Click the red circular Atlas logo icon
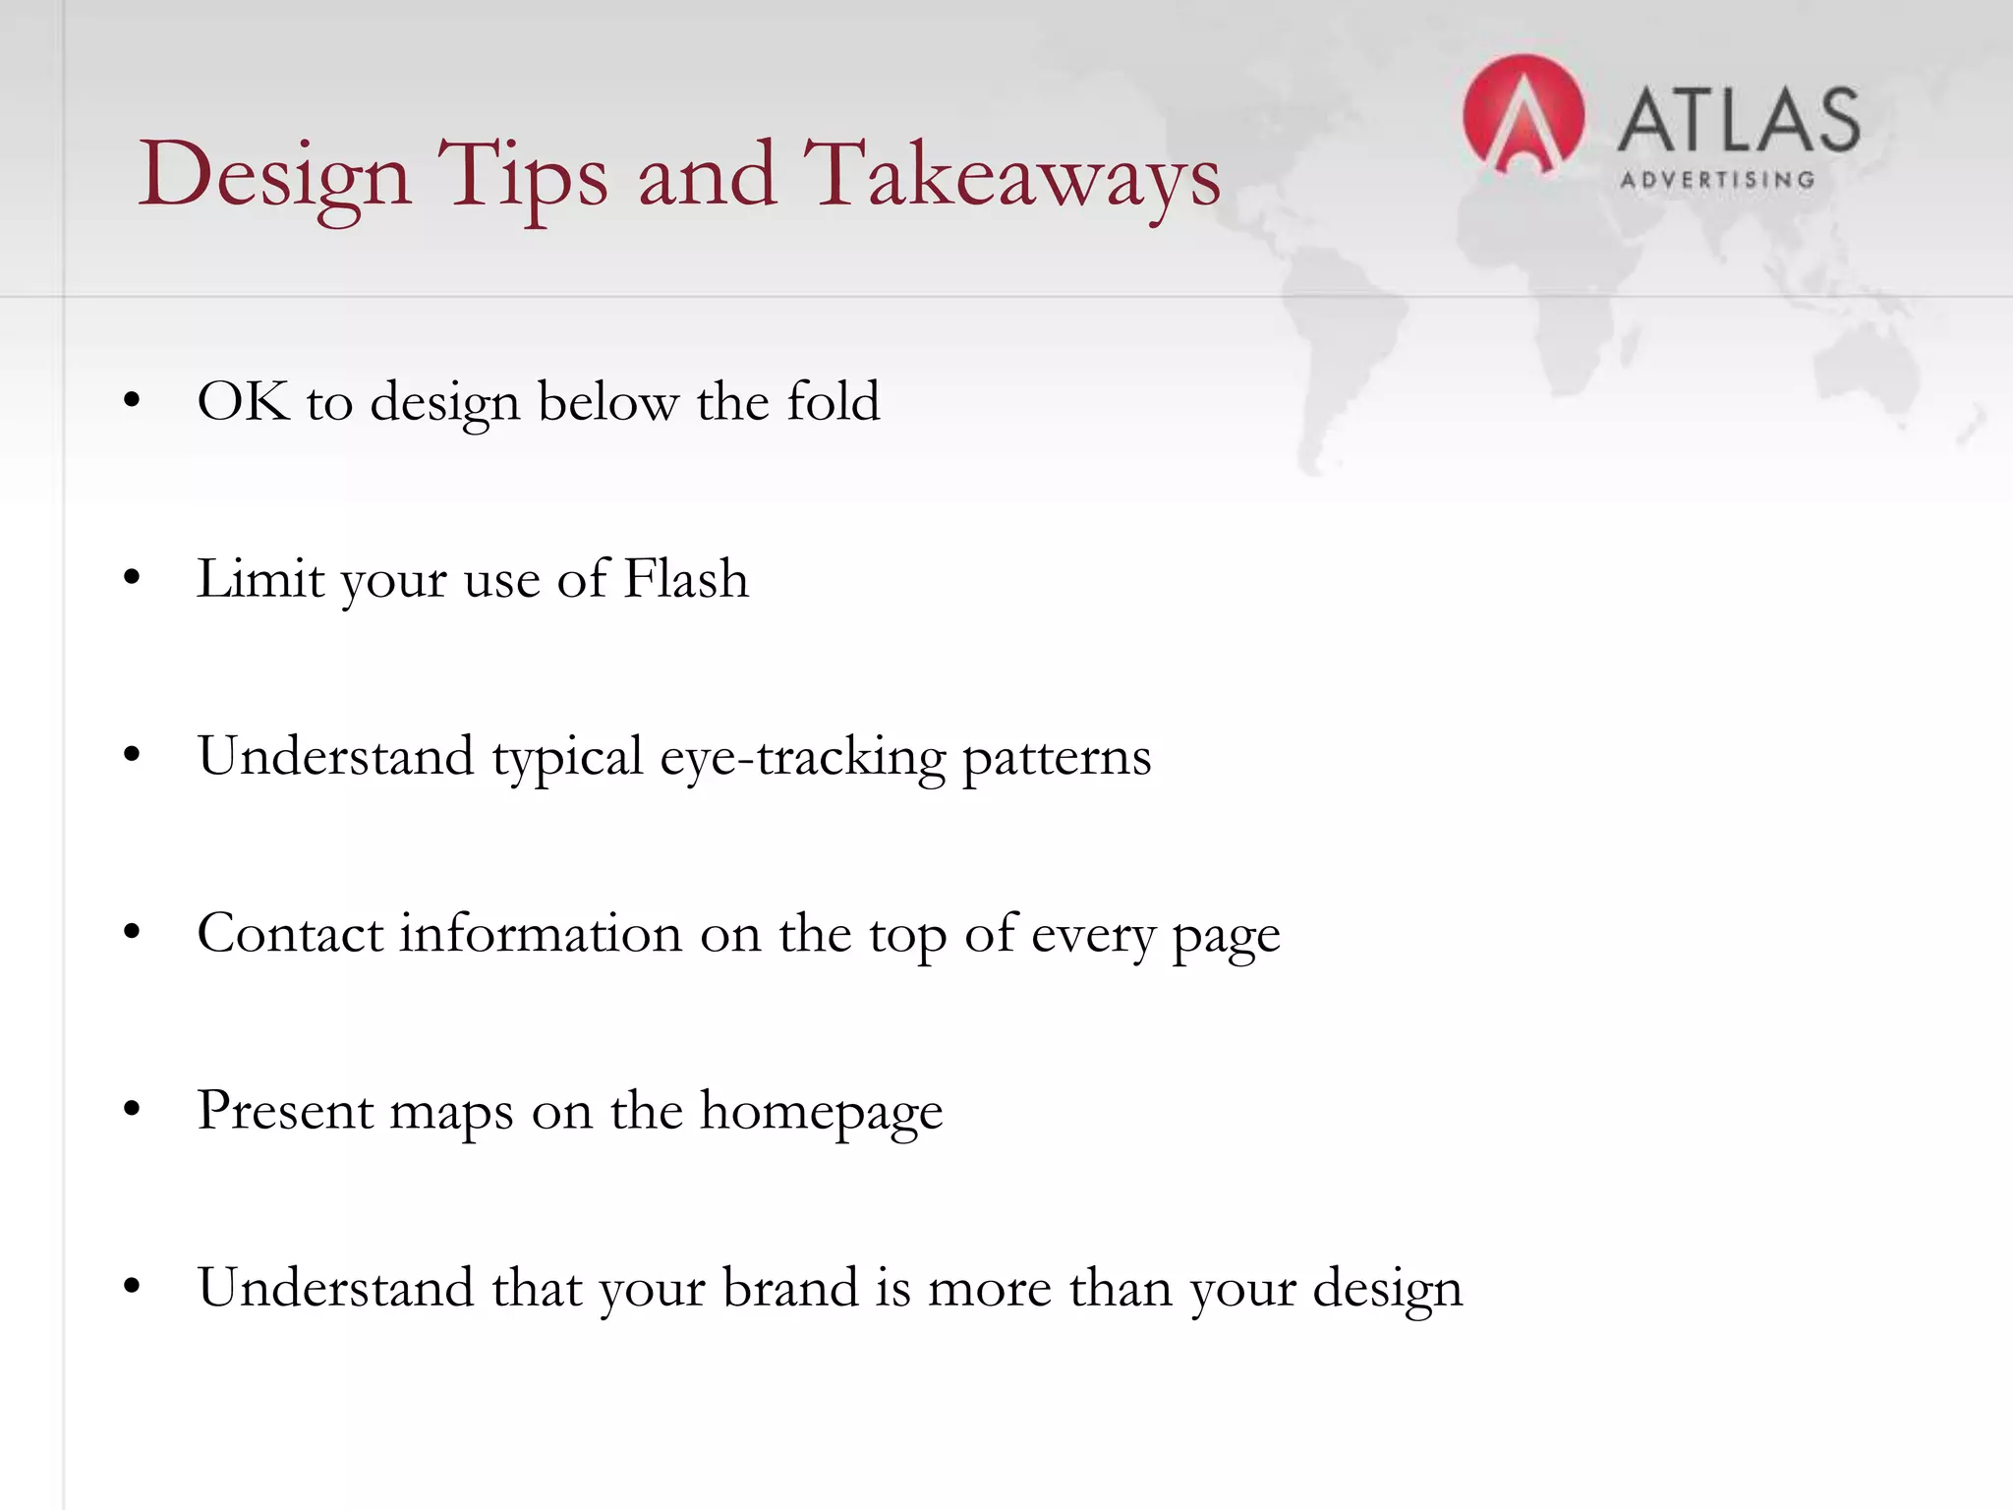coord(1523,116)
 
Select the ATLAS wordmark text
coord(1738,120)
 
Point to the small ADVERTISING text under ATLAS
coord(1716,180)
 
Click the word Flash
coord(686,578)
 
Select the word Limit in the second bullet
coord(259,578)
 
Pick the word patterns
coord(1056,757)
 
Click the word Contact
coord(289,933)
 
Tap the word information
coord(540,933)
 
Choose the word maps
coord(451,1113)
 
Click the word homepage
coord(821,1111)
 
